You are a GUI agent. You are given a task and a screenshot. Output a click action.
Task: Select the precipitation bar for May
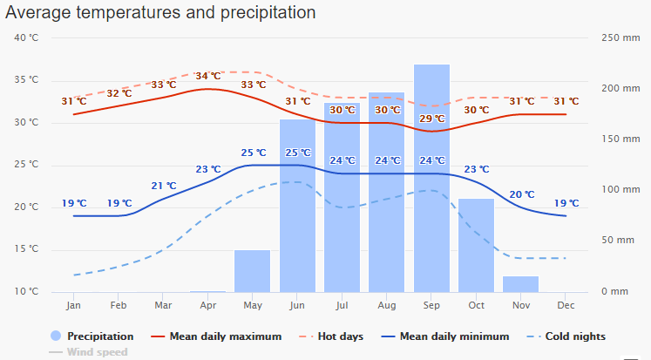[252, 271]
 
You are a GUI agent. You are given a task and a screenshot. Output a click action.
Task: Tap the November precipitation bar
[521, 284]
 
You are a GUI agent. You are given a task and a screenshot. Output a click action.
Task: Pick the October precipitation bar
[476, 245]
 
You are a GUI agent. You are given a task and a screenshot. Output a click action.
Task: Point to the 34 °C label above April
[208, 76]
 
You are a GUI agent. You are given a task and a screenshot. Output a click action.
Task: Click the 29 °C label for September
[432, 119]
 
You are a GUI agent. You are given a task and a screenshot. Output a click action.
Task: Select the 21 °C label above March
[164, 186]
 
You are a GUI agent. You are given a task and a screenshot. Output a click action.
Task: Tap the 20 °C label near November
[521, 194]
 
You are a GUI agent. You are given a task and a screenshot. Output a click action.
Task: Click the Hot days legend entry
[339, 336]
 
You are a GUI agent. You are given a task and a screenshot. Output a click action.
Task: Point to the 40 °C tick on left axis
[27, 37]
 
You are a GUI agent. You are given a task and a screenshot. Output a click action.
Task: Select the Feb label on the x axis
[119, 306]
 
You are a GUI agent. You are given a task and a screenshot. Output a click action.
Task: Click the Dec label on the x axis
[566, 306]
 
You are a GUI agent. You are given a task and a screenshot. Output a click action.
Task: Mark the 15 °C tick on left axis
[27, 249]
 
